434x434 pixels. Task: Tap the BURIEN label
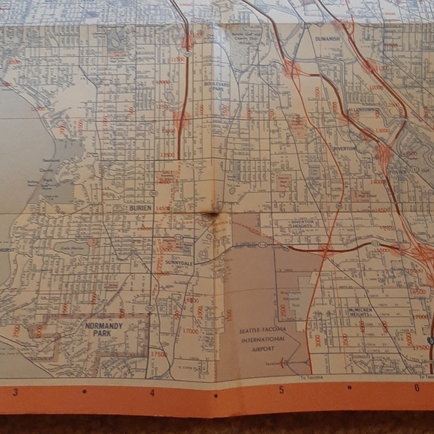[140, 207]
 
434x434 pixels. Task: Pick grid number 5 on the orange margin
[281, 390]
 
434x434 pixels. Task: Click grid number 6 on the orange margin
[416, 388]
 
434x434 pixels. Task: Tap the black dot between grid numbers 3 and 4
[84, 391]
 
